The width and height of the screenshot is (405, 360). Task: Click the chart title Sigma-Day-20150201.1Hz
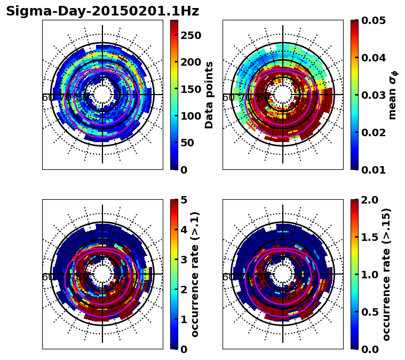pos(102,11)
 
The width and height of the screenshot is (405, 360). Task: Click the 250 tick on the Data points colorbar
pos(190,35)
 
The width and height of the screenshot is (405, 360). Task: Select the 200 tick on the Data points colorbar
pos(190,62)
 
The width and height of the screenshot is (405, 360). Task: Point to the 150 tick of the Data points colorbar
pos(190,89)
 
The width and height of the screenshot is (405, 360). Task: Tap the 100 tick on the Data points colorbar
pos(190,116)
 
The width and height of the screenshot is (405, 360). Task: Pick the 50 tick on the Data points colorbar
pos(187,143)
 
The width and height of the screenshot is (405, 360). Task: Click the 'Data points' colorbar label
pos(209,95)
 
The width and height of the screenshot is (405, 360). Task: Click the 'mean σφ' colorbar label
pos(393,96)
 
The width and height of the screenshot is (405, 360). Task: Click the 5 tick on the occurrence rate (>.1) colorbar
pos(183,200)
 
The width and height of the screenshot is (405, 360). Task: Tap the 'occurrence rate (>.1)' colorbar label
pos(195,274)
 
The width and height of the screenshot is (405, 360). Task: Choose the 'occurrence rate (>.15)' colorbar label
pos(386,274)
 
